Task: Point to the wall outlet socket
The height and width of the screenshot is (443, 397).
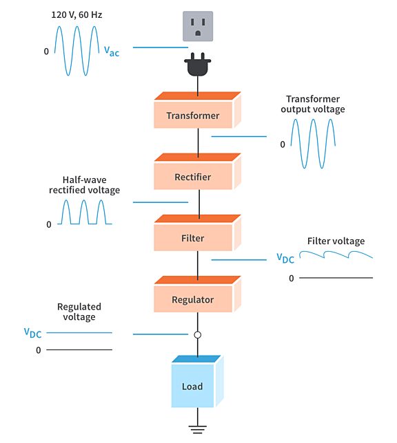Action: click(x=198, y=27)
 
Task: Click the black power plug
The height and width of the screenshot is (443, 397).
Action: click(x=198, y=67)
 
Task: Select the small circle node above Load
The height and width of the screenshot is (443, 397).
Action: click(x=198, y=335)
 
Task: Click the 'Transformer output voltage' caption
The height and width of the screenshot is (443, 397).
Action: click(x=316, y=104)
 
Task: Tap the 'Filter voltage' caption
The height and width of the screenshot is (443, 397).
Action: click(x=336, y=241)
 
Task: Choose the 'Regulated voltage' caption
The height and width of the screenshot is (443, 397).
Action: click(x=79, y=312)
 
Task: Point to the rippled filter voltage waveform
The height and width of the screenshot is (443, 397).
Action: click(x=337, y=256)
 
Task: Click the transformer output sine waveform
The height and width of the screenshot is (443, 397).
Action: click(x=312, y=144)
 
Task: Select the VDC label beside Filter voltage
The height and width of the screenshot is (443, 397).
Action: click(x=285, y=258)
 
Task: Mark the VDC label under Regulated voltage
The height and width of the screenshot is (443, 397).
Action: click(x=33, y=333)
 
